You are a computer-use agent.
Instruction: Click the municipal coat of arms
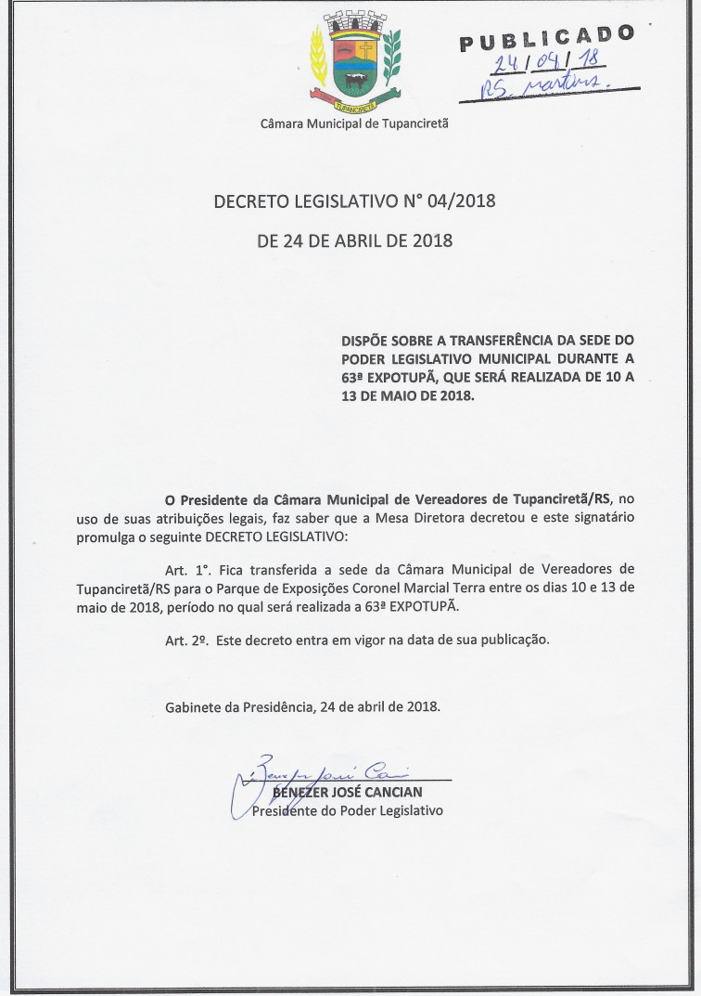pos(354,58)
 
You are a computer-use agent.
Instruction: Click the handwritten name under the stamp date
pos(547,89)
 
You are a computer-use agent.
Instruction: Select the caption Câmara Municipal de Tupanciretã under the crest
pos(354,123)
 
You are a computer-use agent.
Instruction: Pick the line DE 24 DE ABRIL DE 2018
pos(354,241)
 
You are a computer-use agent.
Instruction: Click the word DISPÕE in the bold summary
pos(365,342)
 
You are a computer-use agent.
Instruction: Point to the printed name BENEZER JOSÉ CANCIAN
pos(347,792)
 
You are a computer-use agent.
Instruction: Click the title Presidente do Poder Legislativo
pos(348,810)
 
